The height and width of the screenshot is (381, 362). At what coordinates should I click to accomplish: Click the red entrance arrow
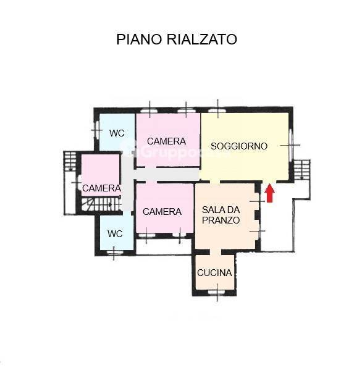[269, 193]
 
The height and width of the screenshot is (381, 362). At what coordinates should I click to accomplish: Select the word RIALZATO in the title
[202, 40]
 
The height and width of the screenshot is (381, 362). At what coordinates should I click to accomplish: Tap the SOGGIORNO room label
[239, 146]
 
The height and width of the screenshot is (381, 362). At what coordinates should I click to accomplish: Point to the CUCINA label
[214, 273]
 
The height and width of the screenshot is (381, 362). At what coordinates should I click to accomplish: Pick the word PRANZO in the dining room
[221, 220]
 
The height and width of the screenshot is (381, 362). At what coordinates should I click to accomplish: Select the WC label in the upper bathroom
[117, 133]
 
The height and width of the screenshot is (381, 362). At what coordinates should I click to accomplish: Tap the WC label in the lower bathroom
[115, 234]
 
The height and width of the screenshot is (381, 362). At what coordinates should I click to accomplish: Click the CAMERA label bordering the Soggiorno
[166, 141]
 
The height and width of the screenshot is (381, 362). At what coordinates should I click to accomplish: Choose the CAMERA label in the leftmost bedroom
[101, 188]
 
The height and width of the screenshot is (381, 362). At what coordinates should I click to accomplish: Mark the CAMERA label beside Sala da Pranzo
[162, 211]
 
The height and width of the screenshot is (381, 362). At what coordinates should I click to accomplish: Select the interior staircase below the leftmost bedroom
[102, 203]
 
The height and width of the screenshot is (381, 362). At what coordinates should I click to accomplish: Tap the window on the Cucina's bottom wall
[217, 291]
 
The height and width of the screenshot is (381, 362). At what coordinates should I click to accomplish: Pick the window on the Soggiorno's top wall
[217, 110]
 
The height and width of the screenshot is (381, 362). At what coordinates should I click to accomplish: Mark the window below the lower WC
[114, 252]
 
